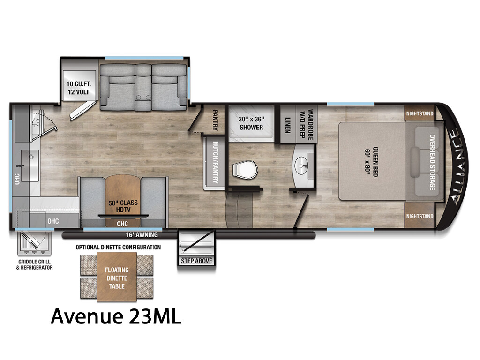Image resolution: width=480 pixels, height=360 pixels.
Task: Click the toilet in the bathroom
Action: pyautogui.click(x=245, y=169)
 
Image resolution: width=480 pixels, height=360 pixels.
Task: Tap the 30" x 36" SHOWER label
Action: pyautogui.click(x=251, y=123)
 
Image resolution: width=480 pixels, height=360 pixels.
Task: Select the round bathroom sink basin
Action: pyautogui.click(x=302, y=165)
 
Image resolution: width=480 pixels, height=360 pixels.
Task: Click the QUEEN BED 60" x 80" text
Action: pyautogui.click(x=372, y=162)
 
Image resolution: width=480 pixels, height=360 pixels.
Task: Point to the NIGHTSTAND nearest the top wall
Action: pyautogui.click(x=420, y=113)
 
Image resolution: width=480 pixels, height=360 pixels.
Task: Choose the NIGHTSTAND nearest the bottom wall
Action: pyautogui.click(x=420, y=216)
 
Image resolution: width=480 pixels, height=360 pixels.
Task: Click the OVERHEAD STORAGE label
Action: pyautogui.click(x=432, y=162)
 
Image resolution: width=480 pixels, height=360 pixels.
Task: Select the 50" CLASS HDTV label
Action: pyautogui.click(x=123, y=206)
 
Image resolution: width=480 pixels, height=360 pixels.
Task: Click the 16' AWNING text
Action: pyautogui.click(x=142, y=235)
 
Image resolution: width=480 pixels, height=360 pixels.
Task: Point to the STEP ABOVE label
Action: pyautogui.click(x=196, y=261)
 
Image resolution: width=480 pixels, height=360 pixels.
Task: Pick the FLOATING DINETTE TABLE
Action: pyautogui.click(x=117, y=277)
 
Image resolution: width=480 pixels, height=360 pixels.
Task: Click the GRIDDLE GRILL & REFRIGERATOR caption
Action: pyautogui.click(x=34, y=264)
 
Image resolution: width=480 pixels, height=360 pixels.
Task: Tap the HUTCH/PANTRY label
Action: pyautogui.click(x=215, y=162)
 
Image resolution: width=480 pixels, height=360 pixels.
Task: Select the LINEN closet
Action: pyautogui.click(x=287, y=124)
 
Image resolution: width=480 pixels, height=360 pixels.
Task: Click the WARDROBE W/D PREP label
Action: pyautogui.click(x=306, y=124)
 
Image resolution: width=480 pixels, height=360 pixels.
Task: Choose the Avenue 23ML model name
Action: pyautogui.click(x=116, y=316)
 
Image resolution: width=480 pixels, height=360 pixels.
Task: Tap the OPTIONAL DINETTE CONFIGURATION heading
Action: pyautogui.click(x=118, y=247)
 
